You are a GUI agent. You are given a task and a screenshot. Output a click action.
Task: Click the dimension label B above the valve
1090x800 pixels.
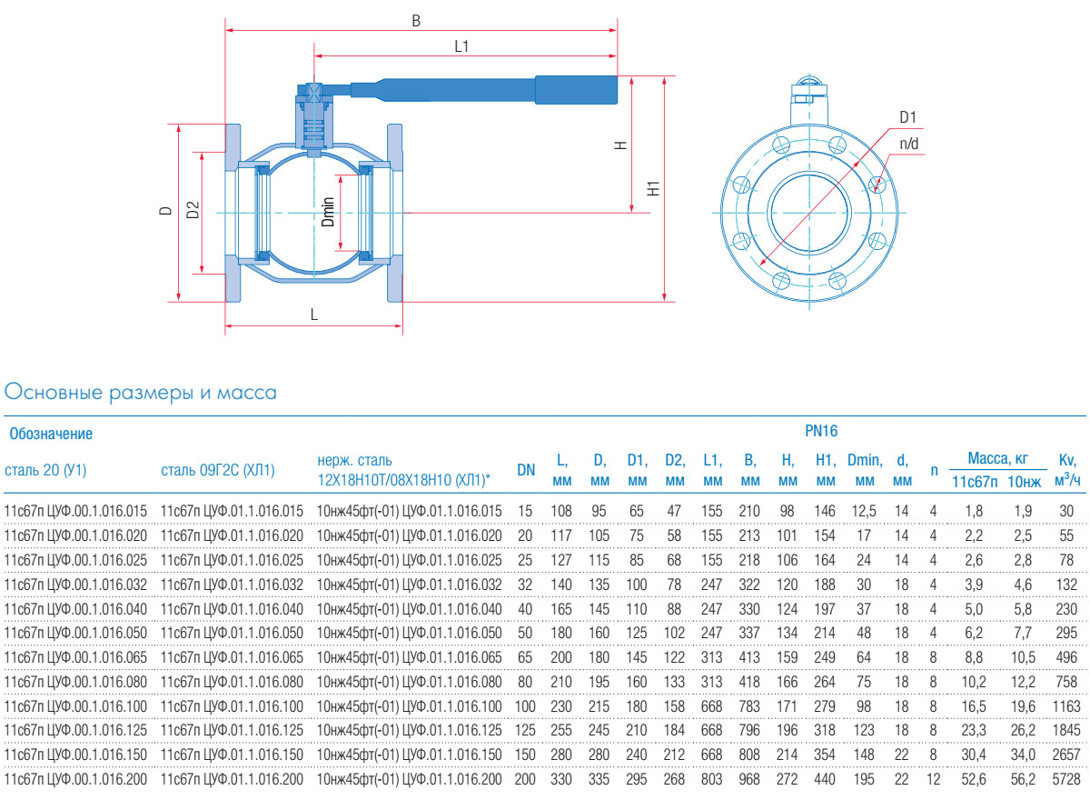[416, 20]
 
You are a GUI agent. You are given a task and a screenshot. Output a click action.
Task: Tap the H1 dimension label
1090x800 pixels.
[652, 188]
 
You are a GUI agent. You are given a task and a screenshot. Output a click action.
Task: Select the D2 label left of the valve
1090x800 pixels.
[192, 211]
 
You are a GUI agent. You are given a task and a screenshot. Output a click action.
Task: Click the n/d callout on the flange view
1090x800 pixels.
[909, 143]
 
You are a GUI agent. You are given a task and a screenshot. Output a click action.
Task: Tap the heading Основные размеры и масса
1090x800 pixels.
[141, 393]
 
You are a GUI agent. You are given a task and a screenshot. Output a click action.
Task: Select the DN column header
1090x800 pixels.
[526, 470]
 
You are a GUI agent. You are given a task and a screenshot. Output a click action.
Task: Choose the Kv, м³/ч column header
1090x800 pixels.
[1068, 470]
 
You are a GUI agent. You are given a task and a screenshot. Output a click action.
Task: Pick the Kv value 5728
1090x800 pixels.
[1068, 779]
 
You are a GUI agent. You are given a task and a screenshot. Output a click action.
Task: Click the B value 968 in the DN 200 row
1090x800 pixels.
[750, 779]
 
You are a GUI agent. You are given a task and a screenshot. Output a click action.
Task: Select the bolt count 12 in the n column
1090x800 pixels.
[933, 779]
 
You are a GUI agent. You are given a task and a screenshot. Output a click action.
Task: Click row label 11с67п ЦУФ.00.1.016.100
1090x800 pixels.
[76, 705]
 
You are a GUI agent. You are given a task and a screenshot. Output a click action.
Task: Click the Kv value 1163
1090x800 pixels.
[1068, 705]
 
